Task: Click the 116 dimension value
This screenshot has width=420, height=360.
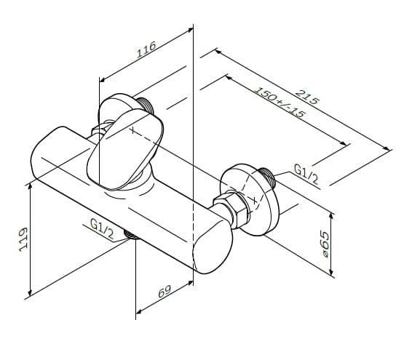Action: (146, 49)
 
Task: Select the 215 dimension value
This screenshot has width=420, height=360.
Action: (307, 97)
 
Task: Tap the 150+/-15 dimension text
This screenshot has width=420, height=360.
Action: (280, 103)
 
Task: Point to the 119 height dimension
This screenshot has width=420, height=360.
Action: (23, 239)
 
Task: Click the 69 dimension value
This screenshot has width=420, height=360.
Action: (165, 291)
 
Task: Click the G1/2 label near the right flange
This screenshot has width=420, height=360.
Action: (306, 175)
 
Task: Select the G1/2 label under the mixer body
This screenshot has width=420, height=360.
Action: (102, 229)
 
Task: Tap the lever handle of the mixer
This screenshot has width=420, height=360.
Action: (125, 149)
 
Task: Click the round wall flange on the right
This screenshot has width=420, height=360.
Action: (250, 199)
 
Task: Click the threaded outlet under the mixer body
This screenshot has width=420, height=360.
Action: (131, 235)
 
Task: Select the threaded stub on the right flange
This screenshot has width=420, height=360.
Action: (267, 177)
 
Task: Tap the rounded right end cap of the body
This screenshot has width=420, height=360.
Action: (213, 247)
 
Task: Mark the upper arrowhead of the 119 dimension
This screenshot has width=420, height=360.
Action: (31, 188)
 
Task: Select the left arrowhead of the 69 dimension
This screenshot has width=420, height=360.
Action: (140, 311)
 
